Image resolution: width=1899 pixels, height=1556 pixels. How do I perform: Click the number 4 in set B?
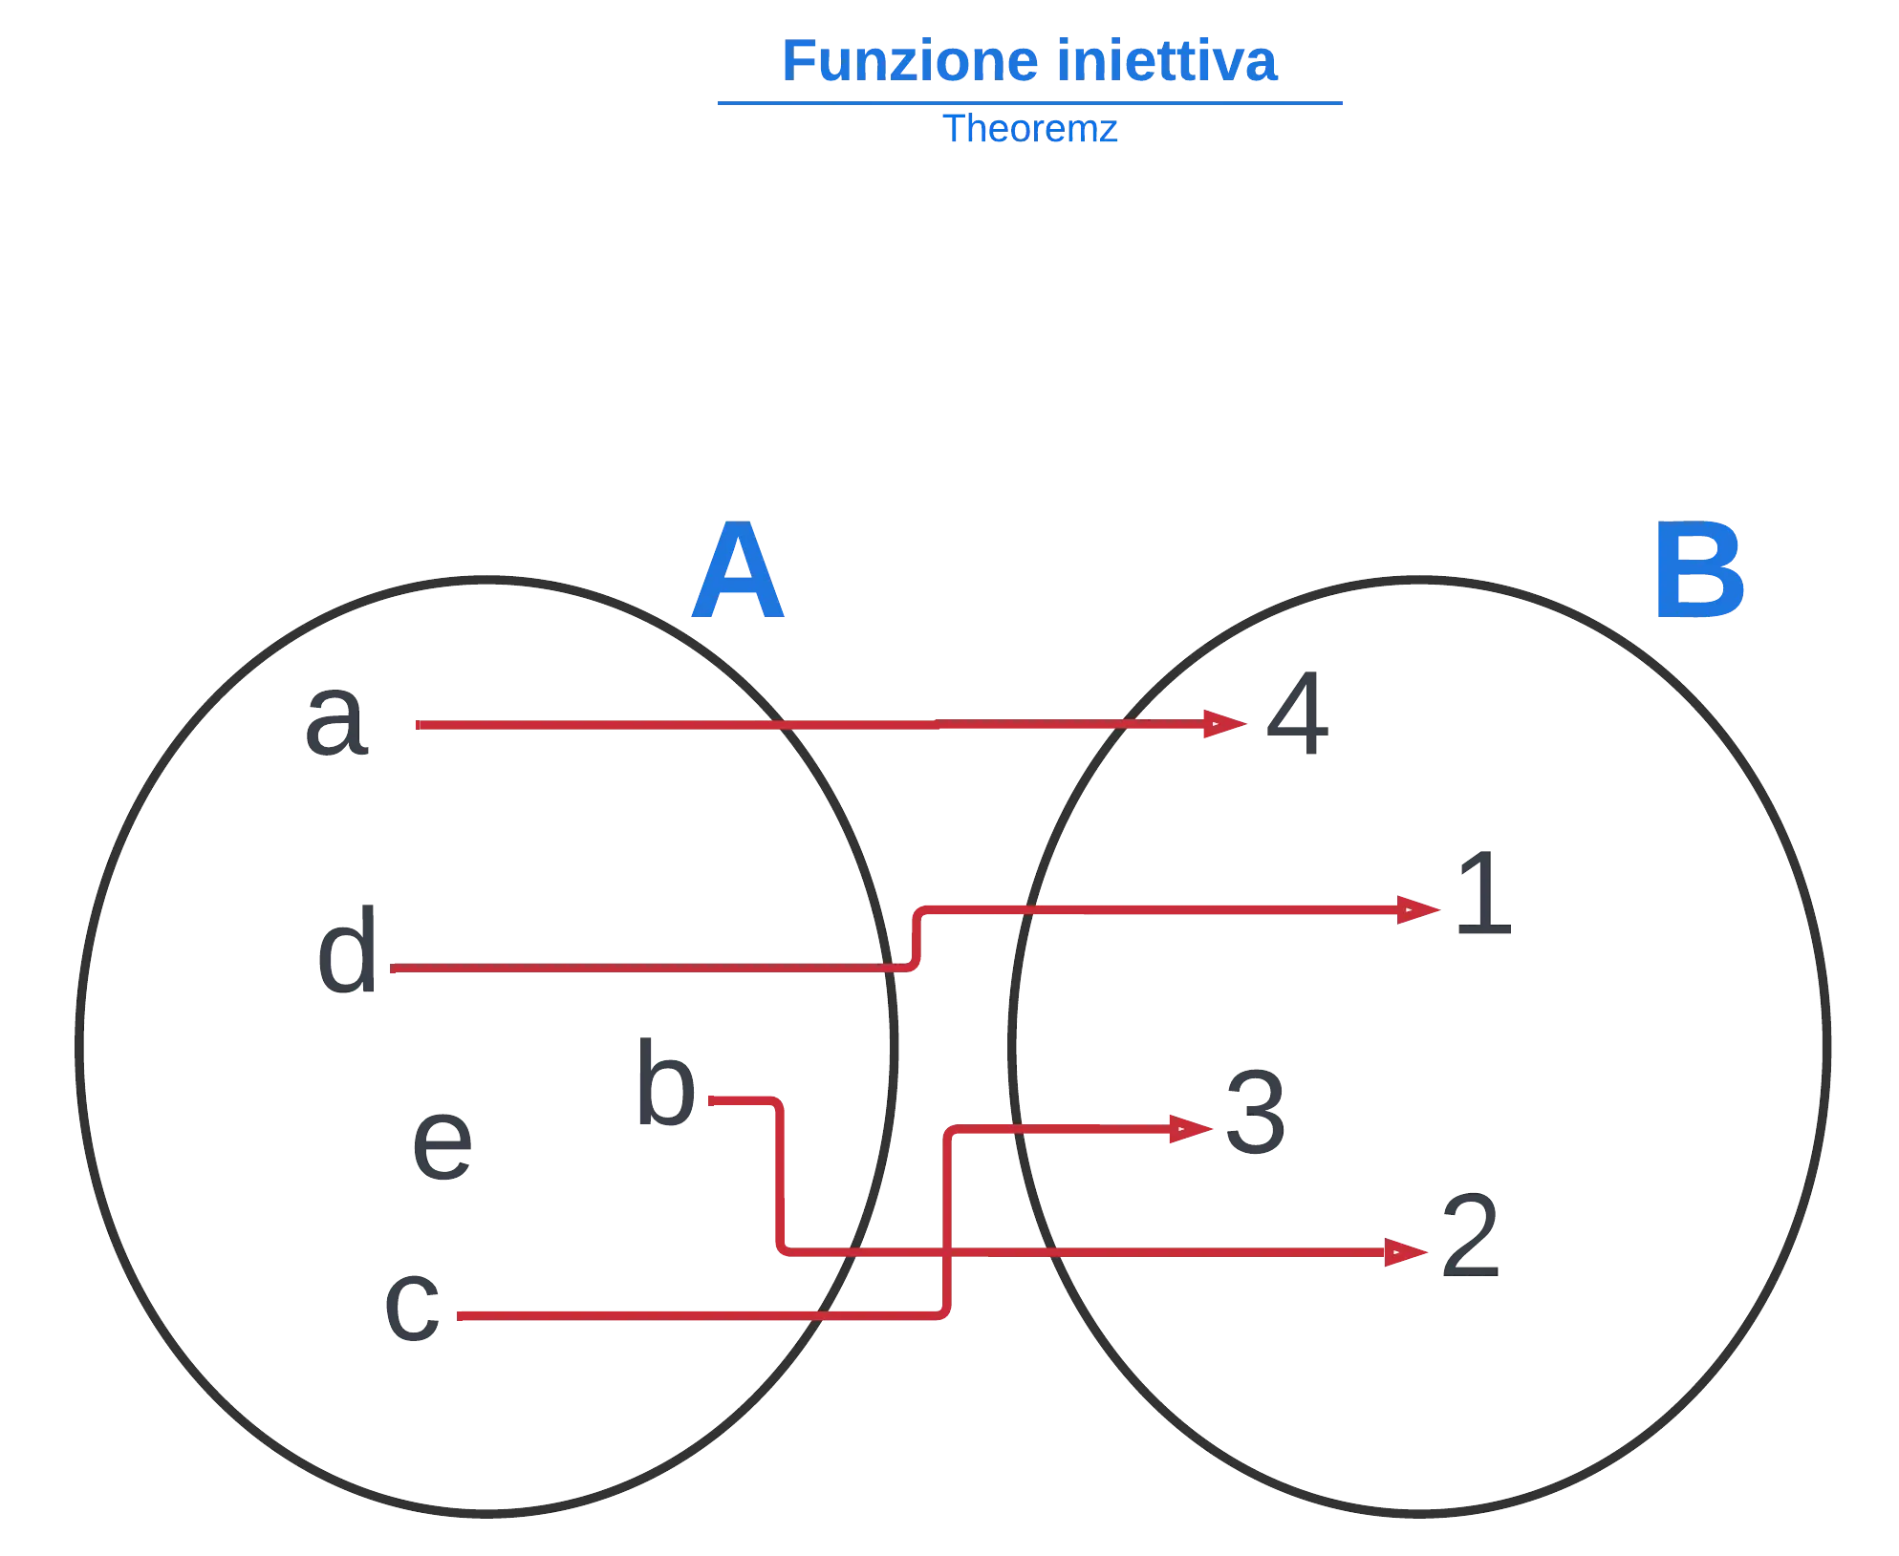[1296, 713]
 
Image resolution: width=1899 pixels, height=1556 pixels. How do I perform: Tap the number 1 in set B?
[1481, 896]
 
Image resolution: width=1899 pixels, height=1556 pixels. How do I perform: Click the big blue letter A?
[737, 573]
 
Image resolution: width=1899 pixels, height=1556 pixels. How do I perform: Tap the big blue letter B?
[1698, 571]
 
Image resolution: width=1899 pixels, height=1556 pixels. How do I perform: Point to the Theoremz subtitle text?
[1032, 129]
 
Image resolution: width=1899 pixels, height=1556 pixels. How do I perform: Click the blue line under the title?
[1027, 103]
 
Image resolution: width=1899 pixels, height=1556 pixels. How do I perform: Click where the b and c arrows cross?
[947, 1251]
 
